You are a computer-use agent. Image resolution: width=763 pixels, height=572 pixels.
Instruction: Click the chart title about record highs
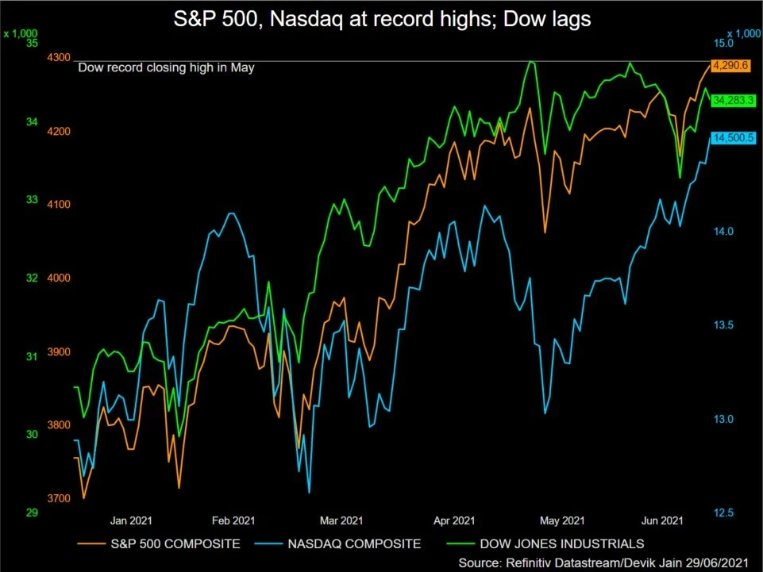click(382, 20)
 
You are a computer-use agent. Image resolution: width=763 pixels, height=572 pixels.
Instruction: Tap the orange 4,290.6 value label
click(730, 65)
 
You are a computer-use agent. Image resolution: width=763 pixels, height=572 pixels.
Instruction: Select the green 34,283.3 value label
click(731, 101)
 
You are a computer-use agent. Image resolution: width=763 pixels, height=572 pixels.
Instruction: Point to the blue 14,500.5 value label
click(731, 138)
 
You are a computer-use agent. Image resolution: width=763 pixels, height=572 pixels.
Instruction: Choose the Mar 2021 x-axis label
click(341, 521)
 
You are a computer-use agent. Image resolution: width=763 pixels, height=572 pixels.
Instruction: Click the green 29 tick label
click(32, 512)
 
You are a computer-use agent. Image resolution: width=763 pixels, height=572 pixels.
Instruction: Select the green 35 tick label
click(32, 43)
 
